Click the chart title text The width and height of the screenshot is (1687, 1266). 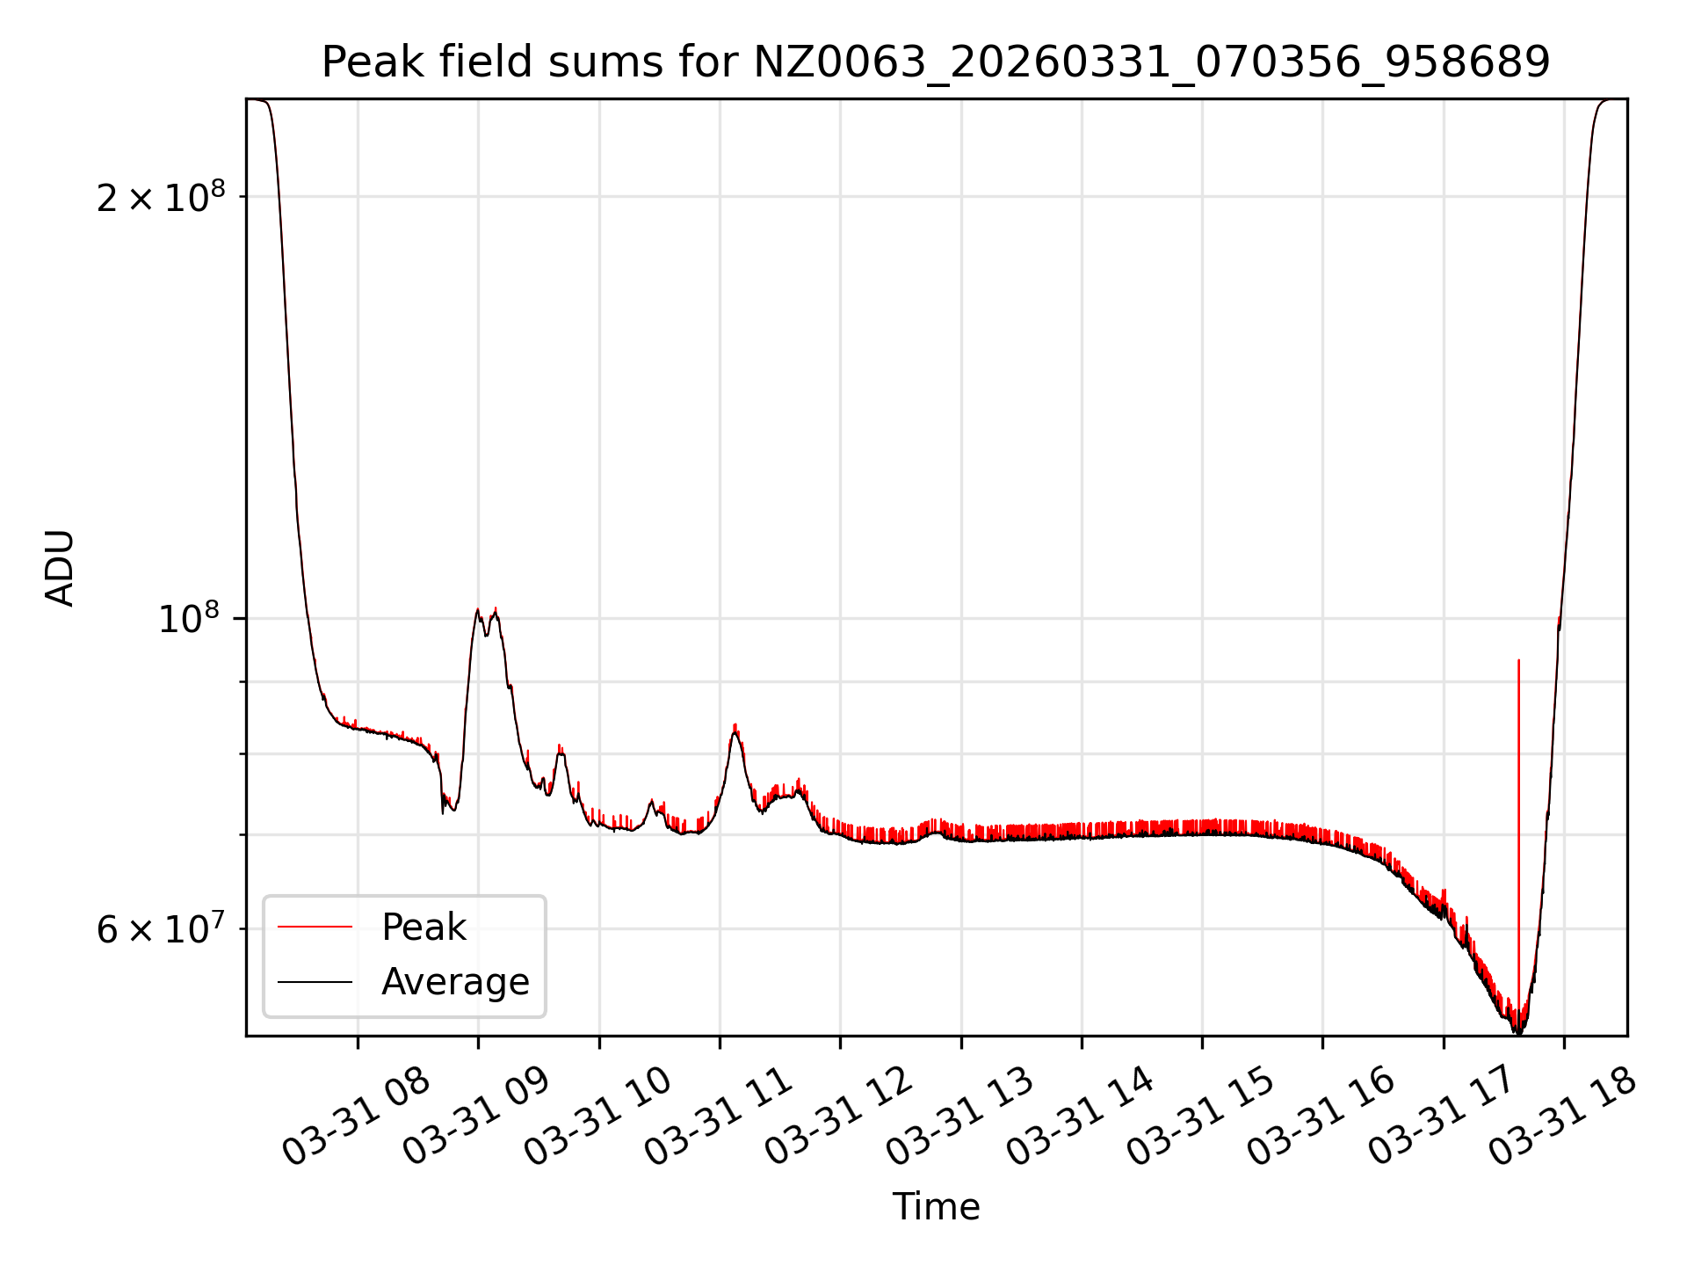[936, 62]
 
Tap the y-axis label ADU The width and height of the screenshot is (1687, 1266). [60, 568]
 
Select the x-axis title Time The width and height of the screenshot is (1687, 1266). [936, 1207]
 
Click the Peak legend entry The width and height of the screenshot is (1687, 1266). [424, 928]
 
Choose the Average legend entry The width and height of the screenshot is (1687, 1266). [454, 982]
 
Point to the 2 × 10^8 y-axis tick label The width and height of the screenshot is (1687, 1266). [161, 197]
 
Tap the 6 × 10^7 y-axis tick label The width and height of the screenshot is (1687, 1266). [161, 929]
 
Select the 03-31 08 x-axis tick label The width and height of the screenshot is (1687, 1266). [356, 1117]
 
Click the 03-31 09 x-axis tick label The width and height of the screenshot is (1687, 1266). [476, 1117]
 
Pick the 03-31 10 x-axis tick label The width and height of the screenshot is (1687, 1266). [597, 1117]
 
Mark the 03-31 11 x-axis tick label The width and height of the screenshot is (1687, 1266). [718, 1117]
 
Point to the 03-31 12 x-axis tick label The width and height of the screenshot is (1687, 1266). [838, 1117]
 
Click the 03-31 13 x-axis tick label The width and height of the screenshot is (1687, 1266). [959, 1117]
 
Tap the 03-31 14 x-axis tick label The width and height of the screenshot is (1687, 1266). [1080, 1117]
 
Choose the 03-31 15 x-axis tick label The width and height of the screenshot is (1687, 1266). [1200, 1117]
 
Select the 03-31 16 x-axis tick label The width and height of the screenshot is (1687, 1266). [1321, 1117]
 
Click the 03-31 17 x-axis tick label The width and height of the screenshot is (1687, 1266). [1442, 1117]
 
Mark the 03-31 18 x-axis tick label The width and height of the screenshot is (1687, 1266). [1562, 1117]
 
